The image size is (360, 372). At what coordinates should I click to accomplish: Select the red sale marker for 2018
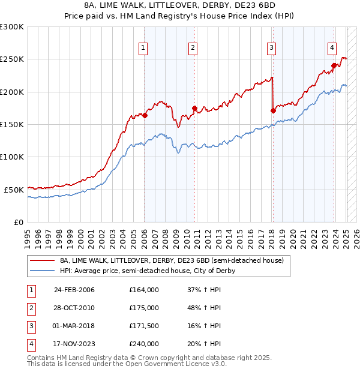[273, 110]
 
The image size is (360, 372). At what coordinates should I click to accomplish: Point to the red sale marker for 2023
[334, 66]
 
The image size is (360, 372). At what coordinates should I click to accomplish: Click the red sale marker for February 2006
[145, 115]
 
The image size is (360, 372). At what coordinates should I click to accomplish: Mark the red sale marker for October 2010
[194, 108]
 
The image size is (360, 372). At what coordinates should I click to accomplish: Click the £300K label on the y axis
[12, 27]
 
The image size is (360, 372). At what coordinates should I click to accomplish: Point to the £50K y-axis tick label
[14, 190]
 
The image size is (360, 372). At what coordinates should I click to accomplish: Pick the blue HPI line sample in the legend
[43, 271]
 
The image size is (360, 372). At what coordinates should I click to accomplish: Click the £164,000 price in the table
[144, 290]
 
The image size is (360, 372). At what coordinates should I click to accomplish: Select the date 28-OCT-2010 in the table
[74, 308]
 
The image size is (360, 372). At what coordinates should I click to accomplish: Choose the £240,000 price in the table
[144, 344]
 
